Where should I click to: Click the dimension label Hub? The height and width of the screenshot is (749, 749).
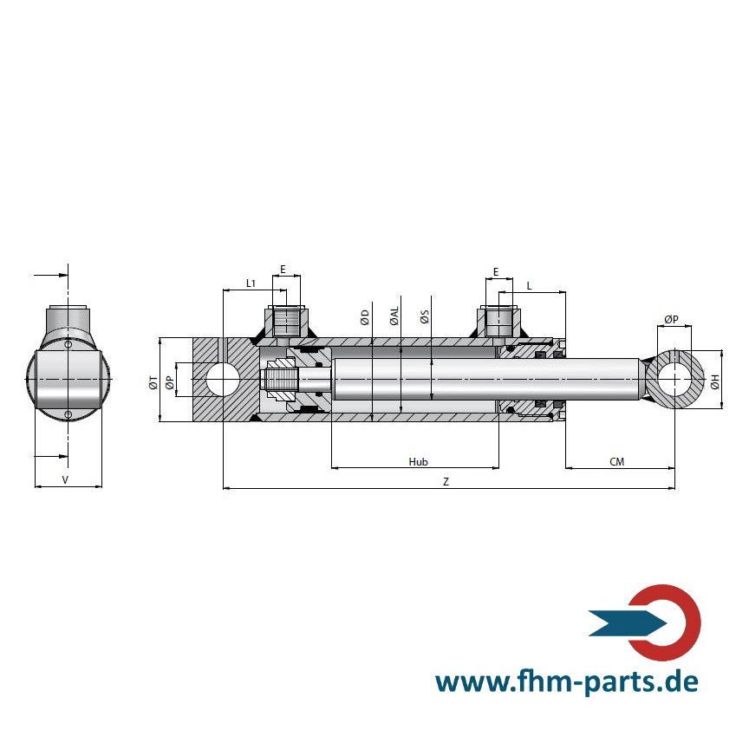[x=418, y=462]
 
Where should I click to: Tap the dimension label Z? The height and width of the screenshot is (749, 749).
[x=446, y=482]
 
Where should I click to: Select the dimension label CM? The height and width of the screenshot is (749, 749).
[x=616, y=462]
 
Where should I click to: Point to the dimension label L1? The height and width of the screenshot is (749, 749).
[x=251, y=283]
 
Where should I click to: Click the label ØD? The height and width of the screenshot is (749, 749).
[x=365, y=316]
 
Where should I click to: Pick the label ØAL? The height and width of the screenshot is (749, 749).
[x=394, y=316]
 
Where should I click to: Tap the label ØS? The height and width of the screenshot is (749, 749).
[x=424, y=316]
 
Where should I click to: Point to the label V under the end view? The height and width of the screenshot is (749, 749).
[x=66, y=479]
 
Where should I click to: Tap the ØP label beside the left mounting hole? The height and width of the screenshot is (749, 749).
[x=170, y=381]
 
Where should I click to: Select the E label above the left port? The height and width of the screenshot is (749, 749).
[x=283, y=270]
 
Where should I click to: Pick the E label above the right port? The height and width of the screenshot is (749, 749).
[x=496, y=271]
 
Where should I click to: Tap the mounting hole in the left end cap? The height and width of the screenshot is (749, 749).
[x=224, y=381]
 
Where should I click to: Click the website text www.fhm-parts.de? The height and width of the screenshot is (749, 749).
[x=566, y=681]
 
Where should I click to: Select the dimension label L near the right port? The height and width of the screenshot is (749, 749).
[x=529, y=284]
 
